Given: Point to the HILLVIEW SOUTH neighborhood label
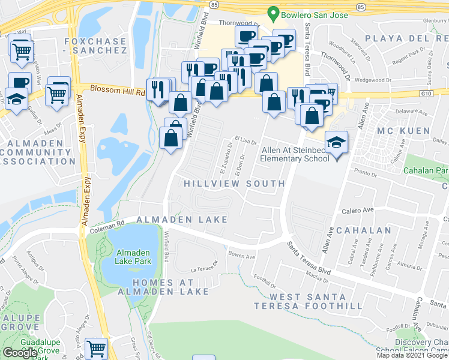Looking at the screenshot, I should [x=234, y=183].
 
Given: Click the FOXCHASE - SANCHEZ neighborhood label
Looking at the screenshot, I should [x=97, y=46].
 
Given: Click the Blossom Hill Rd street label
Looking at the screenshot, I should [x=118, y=90].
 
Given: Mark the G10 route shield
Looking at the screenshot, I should [x=426, y=94].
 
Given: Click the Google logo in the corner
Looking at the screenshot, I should [x=20, y=353].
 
